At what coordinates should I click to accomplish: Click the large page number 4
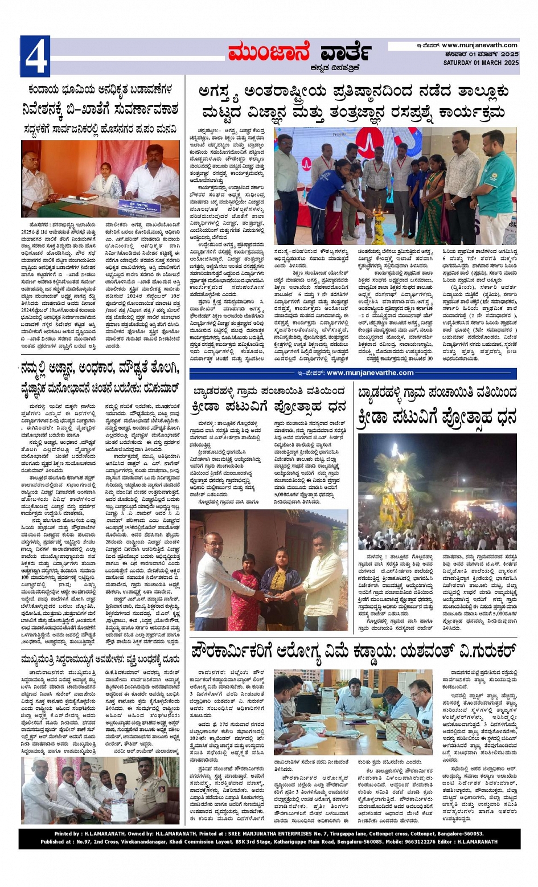[x=35, y=56]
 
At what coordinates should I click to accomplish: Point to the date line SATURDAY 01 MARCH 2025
[x=480, y=63]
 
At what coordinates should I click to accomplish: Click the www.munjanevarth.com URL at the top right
[x=479, y=46]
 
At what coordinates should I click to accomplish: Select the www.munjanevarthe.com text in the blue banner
[x=370, y=373]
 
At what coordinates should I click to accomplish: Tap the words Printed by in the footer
[x=67, y=833]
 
